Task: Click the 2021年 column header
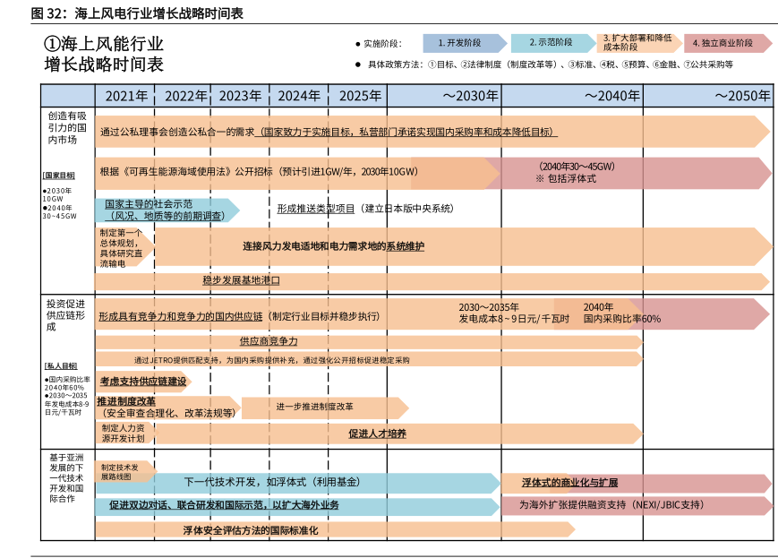coord(126,97)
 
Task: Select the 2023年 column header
coord(240,97)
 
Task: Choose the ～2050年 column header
coord(741,97)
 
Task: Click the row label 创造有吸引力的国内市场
coord(67,127)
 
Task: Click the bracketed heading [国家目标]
coord(59,176)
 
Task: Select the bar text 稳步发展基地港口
coord(241,280)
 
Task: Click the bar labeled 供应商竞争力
coord(269,341)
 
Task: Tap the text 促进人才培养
coord(377,434)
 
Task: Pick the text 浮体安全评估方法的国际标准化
coord(250,530)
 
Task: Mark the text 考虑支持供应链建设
coord(143,382)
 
